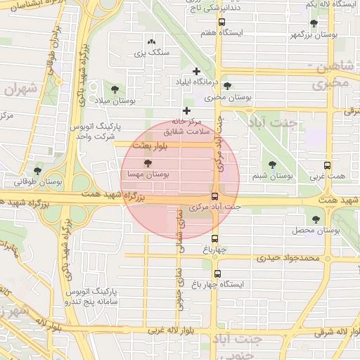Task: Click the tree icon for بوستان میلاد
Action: pyautogui.click(x=114, y=89)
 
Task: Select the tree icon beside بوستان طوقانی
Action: pyautogui.click(x=38, y=171)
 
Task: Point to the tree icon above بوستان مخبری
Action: pyautogui.click(x=227, y=86)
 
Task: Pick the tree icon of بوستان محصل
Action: pyautogui.click(x=314, y=219)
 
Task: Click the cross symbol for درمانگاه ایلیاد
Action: pyautogui.click(x=196, y=71)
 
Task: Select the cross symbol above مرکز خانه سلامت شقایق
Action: pyautogui.click(x=186, y=110)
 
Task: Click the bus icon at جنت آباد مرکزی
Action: pyautogui.click(x=215, y=198)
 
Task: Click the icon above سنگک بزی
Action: pyautogui.click(x=150, y=42)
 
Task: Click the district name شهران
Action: pyautogui.click(x=19, y=89)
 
